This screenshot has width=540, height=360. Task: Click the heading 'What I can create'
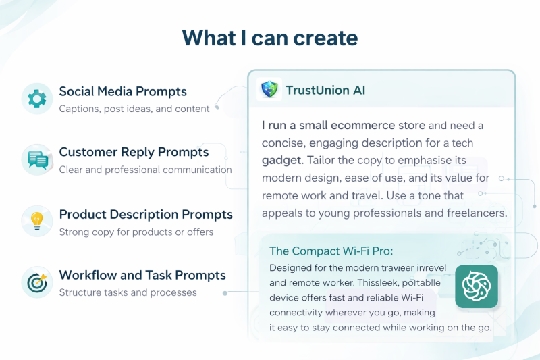pyautogui.click(x=270, y=38)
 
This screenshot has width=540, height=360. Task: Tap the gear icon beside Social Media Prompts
pyautogui.click(x=37, y=99)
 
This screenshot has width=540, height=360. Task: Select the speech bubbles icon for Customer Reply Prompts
pyautogui.click(x=38, y=160)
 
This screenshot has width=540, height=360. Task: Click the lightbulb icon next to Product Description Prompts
pyautogui.click(x=37, y=221)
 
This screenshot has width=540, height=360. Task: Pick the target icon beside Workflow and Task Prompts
pyautogui.click(x=37, y=283)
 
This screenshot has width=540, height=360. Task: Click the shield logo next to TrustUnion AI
pyautogui.click(x=269, y=90)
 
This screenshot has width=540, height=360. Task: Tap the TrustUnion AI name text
pyautogui.click(x=325, y=91)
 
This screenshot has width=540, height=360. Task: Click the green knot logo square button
pyautogui.click(x=477, y=286)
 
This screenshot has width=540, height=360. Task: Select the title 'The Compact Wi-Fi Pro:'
pyautogui.click(x=331, y=251)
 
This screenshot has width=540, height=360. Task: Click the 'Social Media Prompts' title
pyautogui.click(x=123, y=91)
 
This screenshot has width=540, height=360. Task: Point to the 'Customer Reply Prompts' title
pyautogui.click(x=134, y=152)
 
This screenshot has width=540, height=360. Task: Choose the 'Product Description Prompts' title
pyautogui.click(x=146, y=214)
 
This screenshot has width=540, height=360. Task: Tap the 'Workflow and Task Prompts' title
pyautogui.click(x=142, y=276)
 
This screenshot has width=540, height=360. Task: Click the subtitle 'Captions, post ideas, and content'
pyautogui.click(x=134, y=109)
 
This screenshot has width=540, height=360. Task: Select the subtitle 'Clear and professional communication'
pyautogui.click(x=145, y=170)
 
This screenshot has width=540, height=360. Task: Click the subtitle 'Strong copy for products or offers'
pyautogui.click(x=136, y=232)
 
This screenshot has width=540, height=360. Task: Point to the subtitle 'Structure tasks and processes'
pyautogui.click(x=128, y=292)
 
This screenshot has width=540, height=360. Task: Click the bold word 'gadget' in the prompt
pyautogui.click(x=281, y=161)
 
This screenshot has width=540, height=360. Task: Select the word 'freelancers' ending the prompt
pyautogui.click(x=477, y=213)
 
